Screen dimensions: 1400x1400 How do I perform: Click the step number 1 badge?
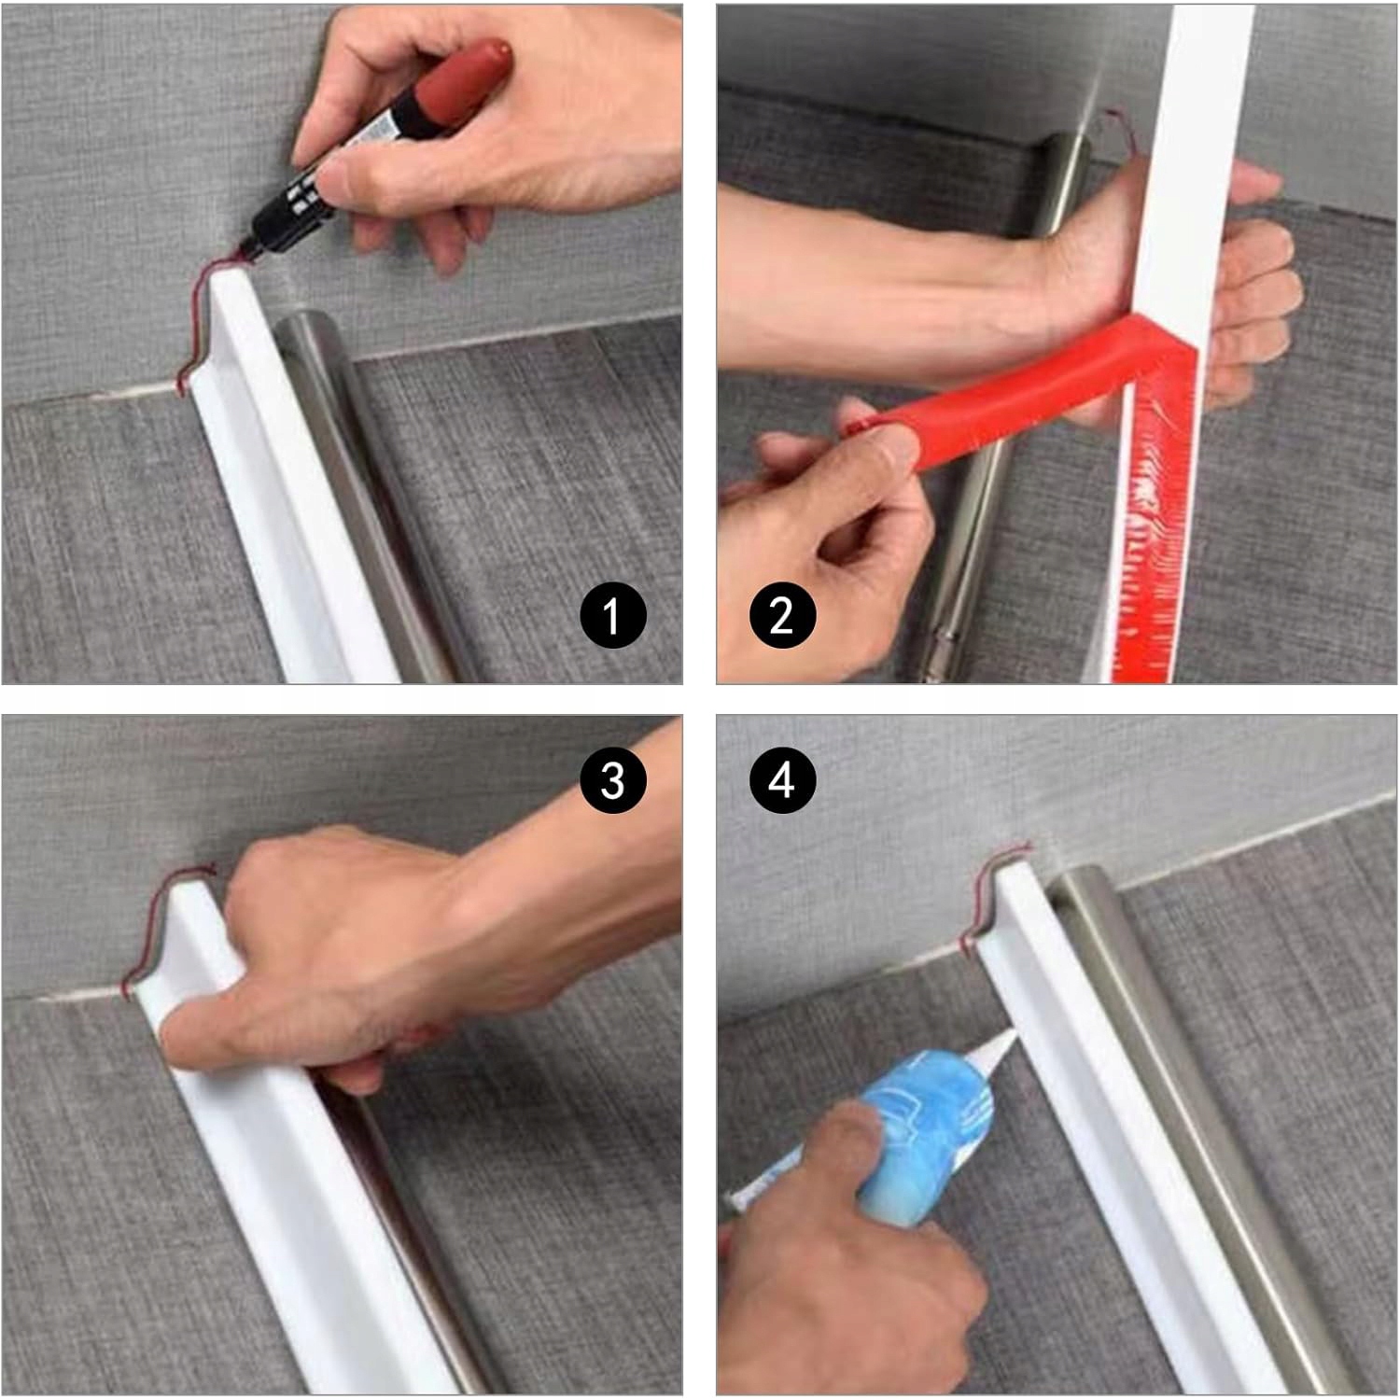[612, 616]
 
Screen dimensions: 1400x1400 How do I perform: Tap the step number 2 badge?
[782, 616]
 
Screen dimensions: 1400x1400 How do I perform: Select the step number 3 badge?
[612, 778]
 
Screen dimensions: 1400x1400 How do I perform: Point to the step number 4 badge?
[782, 778]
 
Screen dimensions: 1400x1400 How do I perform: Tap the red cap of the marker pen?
[463, 78]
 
